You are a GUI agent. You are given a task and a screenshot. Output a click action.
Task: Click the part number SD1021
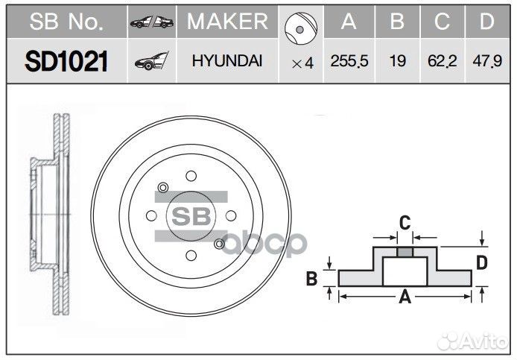[x=66, y=62]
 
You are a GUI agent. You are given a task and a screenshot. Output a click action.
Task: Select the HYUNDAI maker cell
[x=226, y=62]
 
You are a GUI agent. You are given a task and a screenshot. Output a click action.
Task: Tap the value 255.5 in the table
[x=349, y=62]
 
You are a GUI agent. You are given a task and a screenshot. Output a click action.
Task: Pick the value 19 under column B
[x=398, y=62]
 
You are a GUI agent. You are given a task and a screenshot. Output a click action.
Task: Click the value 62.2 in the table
[x=443, y=62]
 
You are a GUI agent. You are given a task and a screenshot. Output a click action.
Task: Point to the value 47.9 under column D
[x=486, y=62]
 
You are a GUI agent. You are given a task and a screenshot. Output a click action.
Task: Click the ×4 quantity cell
[x=302, y=63]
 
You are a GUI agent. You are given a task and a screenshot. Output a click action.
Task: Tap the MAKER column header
[x=226, y=22]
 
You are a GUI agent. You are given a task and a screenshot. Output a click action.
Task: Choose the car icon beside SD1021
[x=151, y=63]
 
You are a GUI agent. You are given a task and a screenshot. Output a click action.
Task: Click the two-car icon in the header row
[x=151, y=23]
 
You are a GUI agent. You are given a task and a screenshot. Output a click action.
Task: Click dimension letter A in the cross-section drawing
[x=405, y=297]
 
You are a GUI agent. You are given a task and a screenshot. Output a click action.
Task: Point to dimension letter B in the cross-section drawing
[x=313, y=280]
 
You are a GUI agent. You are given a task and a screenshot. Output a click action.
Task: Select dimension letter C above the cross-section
[x=405, y=221]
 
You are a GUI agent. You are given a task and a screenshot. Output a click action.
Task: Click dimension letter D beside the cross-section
[x=482, y=262]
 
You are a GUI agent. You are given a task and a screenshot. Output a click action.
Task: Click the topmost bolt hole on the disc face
[x=191, y=176]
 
